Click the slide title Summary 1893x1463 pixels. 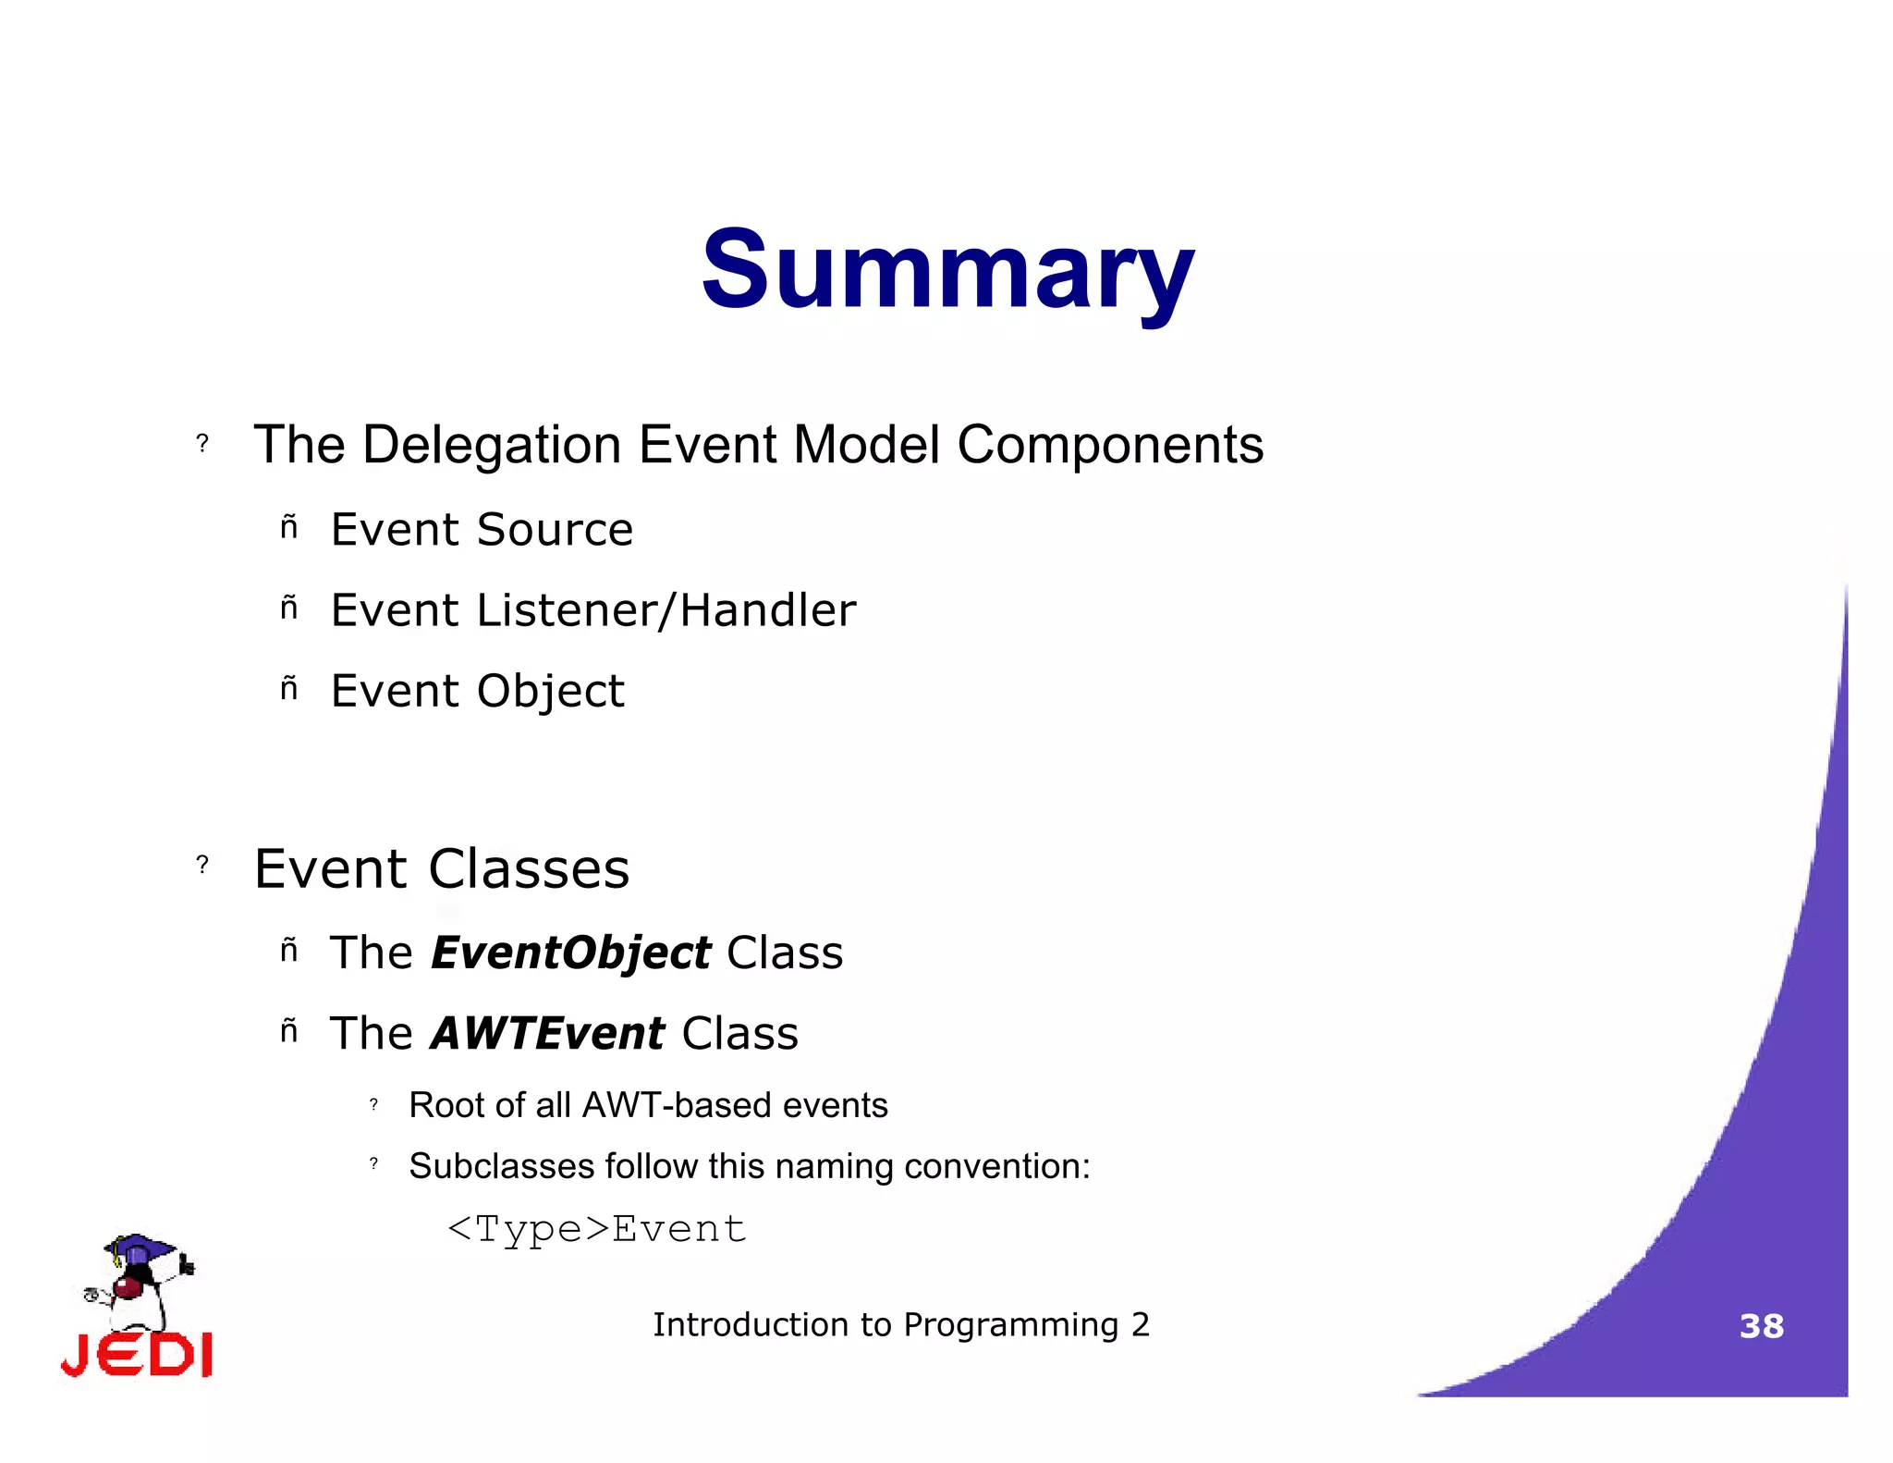click(947, 270)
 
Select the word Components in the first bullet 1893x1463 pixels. click(1109, 446)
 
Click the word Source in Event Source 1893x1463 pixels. click(555, 530)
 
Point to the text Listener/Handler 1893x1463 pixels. click(666, 610)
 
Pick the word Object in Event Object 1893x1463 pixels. click(551, 692)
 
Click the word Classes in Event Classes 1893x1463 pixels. click(529, 869)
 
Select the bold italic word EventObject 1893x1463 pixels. click(570, 953)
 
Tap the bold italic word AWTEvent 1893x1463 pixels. click(547, 1034)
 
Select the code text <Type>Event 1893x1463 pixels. click(596, 1230)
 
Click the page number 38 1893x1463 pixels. click(1761, 1326)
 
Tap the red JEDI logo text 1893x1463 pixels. click(137, 1356)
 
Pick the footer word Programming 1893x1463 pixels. click(1010, 1325)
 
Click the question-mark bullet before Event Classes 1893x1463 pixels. click(202, 866)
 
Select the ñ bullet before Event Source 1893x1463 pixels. click(289, 528)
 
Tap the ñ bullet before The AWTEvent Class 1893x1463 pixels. click(289, 1031)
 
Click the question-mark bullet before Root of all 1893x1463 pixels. click(373, 1105)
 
